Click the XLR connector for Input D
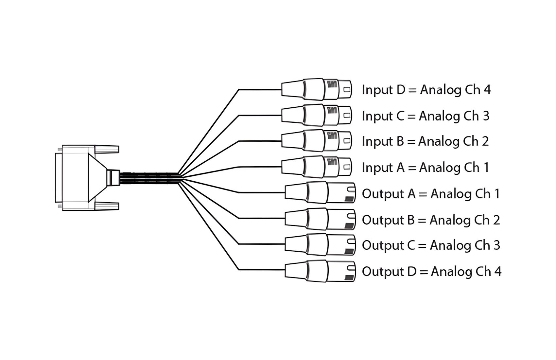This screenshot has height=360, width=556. click(x=317, y=89)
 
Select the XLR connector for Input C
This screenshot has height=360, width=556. click(x=317, y=115)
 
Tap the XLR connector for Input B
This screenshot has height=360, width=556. click(x=317, y=141)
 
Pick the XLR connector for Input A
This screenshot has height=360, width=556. click(x=317, y=167)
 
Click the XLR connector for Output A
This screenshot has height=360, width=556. click(x=320, y=192)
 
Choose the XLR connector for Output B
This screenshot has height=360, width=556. click(x=320, y=219)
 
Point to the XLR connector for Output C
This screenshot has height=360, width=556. click(x=320, y=244)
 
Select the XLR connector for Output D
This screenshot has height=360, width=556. click(x=320, y=271)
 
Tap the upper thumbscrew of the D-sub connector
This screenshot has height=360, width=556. click(x=107, y=149)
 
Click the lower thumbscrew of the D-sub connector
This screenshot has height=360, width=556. click(x=107, y=206)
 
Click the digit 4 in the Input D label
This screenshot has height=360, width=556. click(x=487, y=90)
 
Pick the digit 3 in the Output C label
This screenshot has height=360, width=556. click(x=496, y=245)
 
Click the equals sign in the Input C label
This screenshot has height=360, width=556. click(x=411, y=116)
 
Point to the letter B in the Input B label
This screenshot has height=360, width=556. click(x=400, y=141)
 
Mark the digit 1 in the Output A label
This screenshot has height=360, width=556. click(x=497, y=194)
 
